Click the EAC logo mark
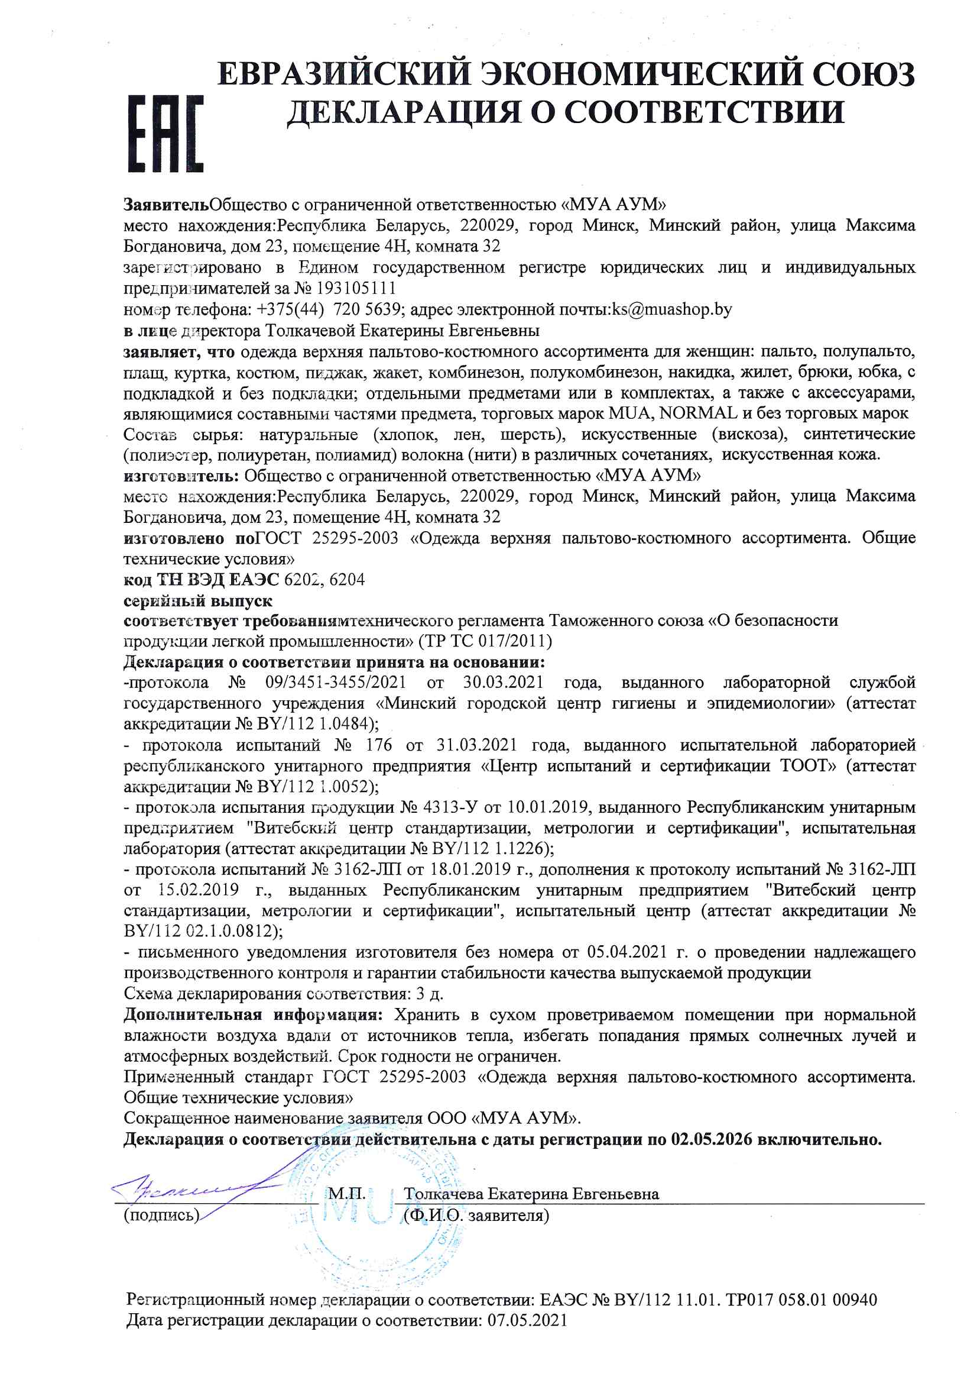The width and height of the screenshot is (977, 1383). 165,133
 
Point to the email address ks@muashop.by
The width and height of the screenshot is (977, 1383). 672,309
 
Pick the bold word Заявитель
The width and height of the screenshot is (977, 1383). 166,204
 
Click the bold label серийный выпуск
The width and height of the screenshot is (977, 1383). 197,600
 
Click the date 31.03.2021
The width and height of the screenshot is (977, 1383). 476,745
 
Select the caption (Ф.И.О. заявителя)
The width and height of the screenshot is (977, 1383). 477,1215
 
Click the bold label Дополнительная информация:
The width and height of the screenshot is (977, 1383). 253,1015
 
